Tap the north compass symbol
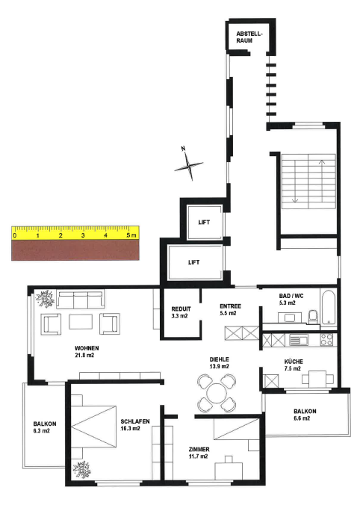[x=188, y=164]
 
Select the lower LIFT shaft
[x=195, y=262]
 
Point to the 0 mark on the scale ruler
[x=15, y=235]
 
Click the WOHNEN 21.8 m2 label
[x=87, y=352]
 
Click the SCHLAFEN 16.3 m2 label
[x=135, y=426]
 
